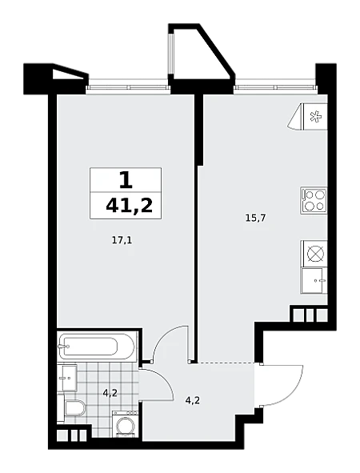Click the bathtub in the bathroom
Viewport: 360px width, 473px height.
click(x=97, y=346)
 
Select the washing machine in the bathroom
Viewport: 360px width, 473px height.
click(x=125, y=424)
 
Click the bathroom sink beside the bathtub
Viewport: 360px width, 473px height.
click(x=67, y=378)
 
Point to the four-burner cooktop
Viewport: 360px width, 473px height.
click(x=314, y=201)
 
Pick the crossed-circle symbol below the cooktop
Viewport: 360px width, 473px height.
click(x=315, y=254)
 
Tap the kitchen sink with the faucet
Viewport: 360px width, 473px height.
click(x=314, y=280)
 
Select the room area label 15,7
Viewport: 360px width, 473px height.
click(x=255, y=218)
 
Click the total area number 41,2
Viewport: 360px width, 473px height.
click(x=129, y=206)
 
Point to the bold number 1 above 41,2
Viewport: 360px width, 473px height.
click(x=126, y=181)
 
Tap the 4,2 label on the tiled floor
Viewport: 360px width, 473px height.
click(x=110, y=393)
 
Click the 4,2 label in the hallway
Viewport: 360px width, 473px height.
click(x=192, y=401)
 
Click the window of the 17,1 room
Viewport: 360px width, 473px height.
click(x=128, y=87)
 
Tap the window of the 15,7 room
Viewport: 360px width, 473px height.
click(x=276, y=87)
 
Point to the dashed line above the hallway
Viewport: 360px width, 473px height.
click(x=225, y=362)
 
